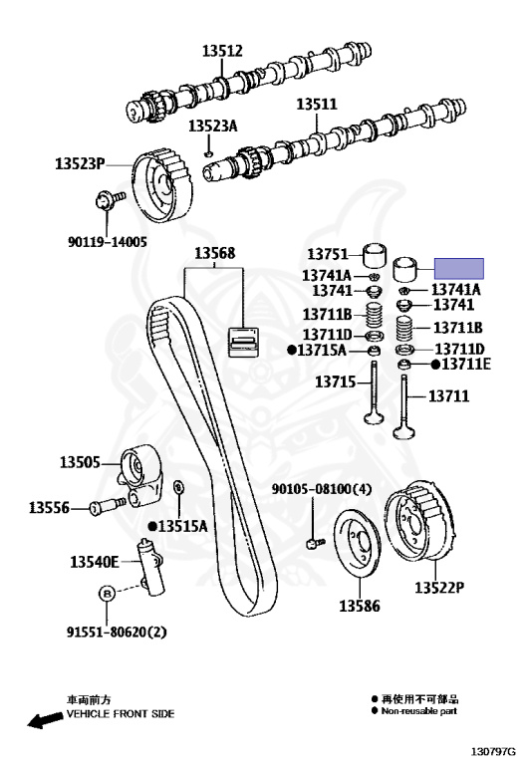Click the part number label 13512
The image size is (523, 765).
point(222,51)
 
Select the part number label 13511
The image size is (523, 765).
point(317,104)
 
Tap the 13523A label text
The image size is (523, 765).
point(213,126)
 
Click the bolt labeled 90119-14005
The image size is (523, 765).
point(109,200)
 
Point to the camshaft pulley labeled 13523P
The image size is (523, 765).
point(162,186)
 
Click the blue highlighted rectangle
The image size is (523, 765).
point(459,269)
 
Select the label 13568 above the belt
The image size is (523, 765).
point(214,253)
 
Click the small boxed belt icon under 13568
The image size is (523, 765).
point(243,342)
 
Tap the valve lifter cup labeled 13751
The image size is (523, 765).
point(376,255)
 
